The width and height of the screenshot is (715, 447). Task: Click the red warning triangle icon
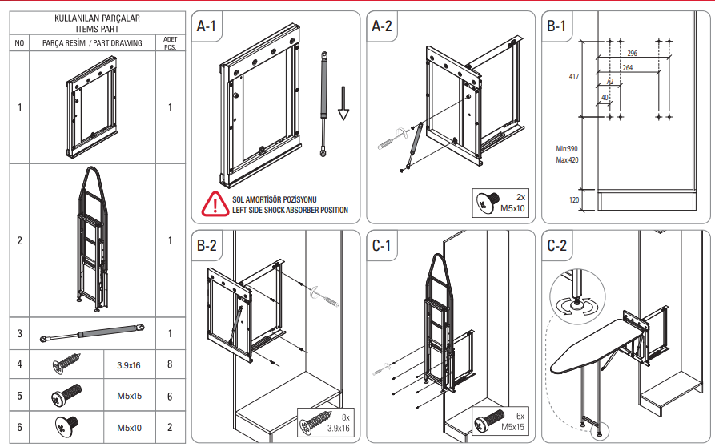214,203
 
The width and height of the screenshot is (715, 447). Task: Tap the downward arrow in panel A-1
343,103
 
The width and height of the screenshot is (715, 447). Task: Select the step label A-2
383,26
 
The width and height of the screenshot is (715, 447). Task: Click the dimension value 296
633,53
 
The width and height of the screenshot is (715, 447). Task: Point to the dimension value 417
573,77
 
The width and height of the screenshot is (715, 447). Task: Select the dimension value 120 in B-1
573,199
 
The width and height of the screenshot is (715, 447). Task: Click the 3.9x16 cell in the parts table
129,365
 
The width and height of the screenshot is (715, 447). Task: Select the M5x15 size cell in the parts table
129,397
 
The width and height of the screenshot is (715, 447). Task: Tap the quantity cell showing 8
170,365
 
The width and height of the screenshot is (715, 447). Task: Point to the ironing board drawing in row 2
92,240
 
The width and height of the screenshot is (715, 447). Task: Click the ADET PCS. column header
170,42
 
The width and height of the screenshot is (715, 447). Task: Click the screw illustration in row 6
65,426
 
